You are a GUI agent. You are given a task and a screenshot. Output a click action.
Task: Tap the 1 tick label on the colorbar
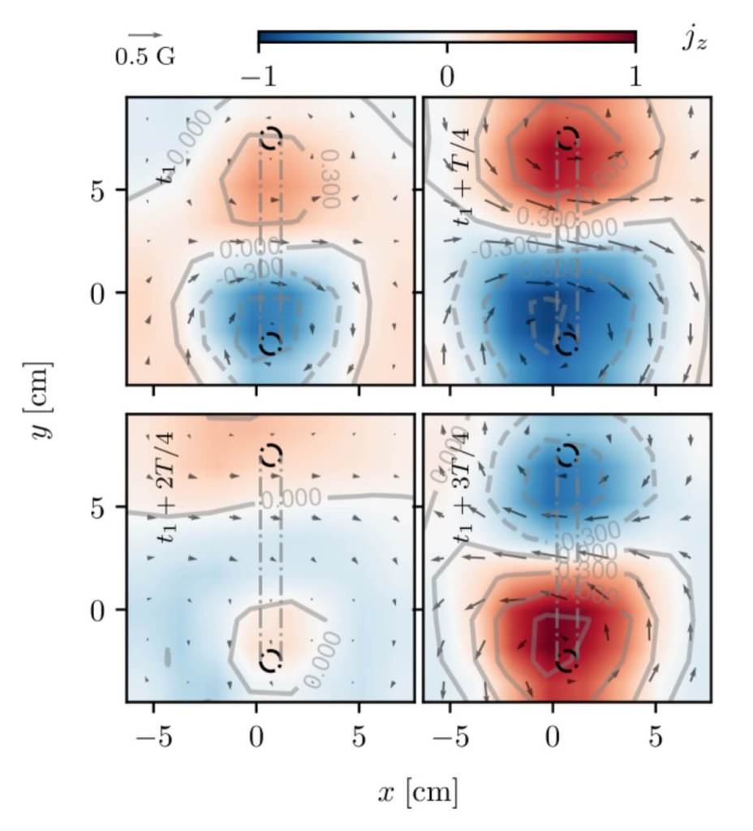(635, 78)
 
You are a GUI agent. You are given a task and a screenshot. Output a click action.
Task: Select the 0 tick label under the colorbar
(447, 78)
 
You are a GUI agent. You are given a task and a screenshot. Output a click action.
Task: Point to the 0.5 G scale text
(144, 58)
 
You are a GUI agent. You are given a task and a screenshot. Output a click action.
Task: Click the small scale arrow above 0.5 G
(144, 36)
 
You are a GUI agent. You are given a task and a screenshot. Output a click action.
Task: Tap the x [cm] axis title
(418, 791)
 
